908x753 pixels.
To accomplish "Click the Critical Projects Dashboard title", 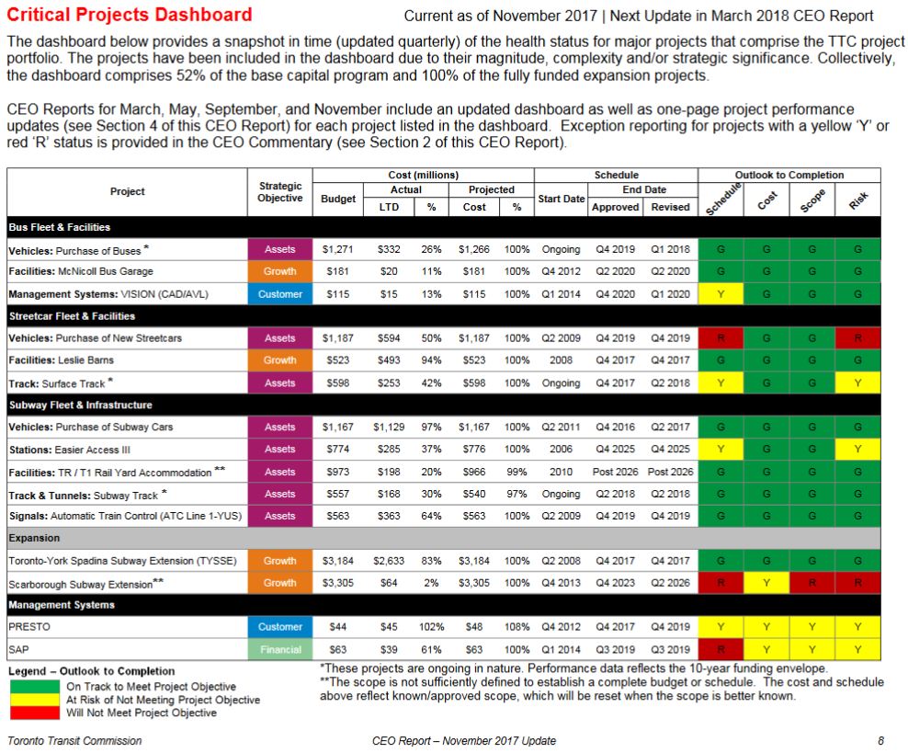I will point(129,15).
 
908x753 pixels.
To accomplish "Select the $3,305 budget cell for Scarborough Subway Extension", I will point(337,583).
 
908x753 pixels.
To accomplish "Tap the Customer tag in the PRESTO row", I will point(279,627).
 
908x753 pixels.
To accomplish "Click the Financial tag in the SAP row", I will point(279,649).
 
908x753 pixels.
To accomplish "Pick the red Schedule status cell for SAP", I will point(721,649).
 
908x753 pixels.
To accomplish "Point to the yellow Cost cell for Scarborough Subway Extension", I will point(766,583).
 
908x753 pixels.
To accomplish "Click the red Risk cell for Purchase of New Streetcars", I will point(857,338).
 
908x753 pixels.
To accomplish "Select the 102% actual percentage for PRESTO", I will point(431,627).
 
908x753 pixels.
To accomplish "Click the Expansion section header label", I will point(35,538).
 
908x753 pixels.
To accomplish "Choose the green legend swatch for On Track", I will point(35,686).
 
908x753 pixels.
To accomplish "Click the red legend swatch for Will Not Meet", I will point(35,713).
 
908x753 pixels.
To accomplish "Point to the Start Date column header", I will point(561,199).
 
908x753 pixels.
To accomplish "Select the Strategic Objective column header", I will point(279,192).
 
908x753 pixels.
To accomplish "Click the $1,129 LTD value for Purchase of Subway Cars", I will point(389,428).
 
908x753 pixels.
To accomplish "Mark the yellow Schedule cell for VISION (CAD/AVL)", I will point(721,294).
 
